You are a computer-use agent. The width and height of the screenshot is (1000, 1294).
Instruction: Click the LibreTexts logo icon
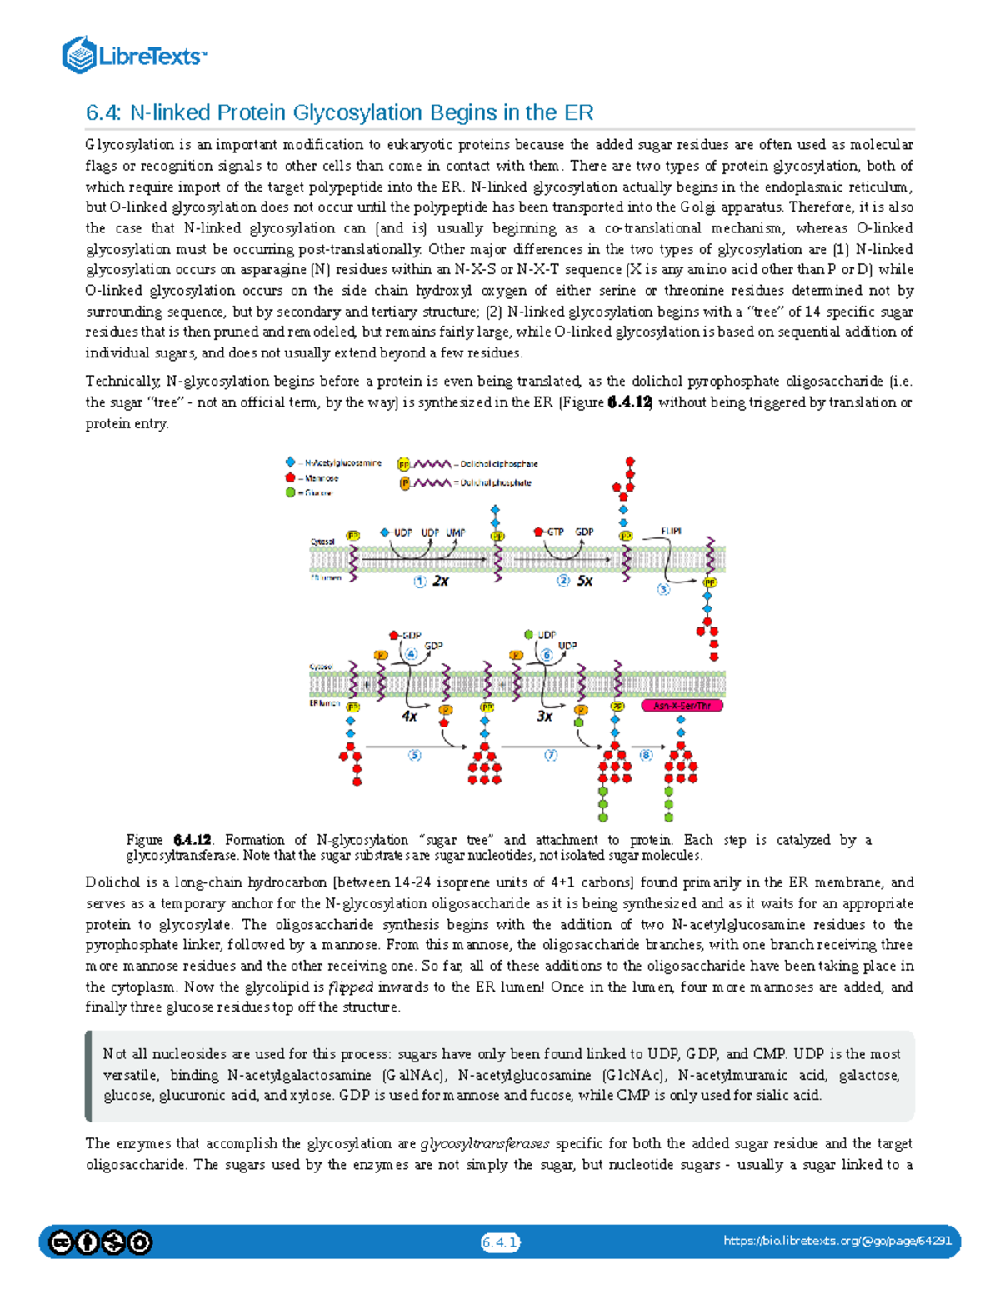pyautogui.click(x=79, y=56)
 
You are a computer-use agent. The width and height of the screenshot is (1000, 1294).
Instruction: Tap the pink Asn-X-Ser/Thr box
pyautogui.click(x=682, y=706)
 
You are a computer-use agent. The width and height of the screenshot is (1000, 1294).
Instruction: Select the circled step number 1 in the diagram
pyautogui.click(x=420, y=581)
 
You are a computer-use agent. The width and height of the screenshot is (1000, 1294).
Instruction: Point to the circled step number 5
pyautogui.click(x=415, y=755)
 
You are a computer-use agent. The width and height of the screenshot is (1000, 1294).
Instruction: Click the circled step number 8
pyautogui.click(x=646, y=755)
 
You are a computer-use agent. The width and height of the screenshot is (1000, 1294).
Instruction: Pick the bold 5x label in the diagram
pyautogui.click(x=585, y=581)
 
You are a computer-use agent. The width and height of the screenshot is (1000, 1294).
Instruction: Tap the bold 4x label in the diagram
pyautogui.click(x=409, y=716)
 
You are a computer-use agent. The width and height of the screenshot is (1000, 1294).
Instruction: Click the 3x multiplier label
pyautogui.click(x=544, y=716)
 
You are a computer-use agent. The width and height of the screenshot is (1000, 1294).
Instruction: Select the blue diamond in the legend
pyautogui.click(x=291, y=462)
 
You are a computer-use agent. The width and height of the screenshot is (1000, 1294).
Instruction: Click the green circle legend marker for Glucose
pyautogui.click(x=291, y=492)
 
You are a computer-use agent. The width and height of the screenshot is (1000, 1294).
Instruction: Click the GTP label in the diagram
pyautogui.click(x=555, y=532)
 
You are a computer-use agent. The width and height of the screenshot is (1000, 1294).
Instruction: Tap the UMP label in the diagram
pyautogui.click(x=456, y=532)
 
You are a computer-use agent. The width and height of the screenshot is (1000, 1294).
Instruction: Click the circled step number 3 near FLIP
pyautogui.click(x=664, y=589)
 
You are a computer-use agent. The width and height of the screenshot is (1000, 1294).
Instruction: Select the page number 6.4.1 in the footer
pyautogui.click(x=500, y=1242)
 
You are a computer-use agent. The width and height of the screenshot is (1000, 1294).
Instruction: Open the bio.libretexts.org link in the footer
pyautogui.click(x=837, y=1242)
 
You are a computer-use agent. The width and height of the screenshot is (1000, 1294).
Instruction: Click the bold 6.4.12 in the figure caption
pyautogui.click(x=192, y=840)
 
